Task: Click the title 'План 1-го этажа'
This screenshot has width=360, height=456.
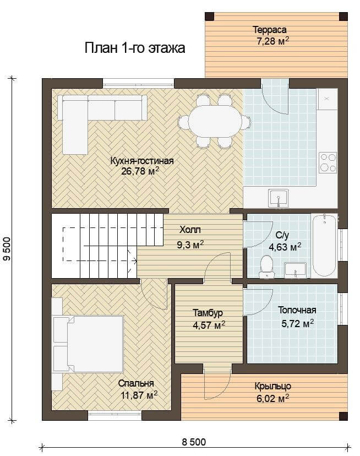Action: click(x=135, y=48)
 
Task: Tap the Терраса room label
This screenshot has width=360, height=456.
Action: click(x=270, y=30)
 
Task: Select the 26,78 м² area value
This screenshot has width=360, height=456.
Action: click(x=140, y=171)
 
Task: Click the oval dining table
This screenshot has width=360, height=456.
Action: click(x=215, y=122)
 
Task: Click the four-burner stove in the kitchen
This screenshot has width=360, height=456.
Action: click(x=328, y=162)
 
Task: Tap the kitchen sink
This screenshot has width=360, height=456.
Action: click(x=279, y=198)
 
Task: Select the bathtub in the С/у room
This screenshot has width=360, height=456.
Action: click(x=324, y=245)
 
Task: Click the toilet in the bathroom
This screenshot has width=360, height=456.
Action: click(x=266, y=267)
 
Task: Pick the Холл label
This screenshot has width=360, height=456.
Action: click(x=190, y=230)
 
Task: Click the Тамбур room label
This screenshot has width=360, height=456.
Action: click(x=208, y=313)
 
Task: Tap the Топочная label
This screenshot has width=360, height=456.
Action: click(x=297, y=310)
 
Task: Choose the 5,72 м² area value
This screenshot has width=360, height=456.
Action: click(x=297, y=323)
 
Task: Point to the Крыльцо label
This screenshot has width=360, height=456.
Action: click(x=273, y=387)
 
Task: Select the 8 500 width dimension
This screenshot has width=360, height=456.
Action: click(x=194, y=442)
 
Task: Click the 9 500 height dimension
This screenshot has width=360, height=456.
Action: click(x=7, y=249)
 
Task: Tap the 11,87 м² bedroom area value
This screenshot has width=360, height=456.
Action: click(x=139, y=395)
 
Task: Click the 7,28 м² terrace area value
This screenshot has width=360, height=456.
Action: click(x=272, y=41)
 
